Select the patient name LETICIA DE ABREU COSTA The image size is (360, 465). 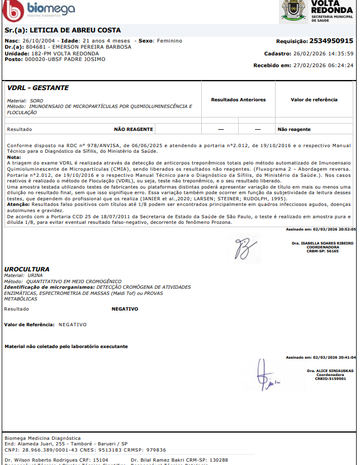click(75, 30)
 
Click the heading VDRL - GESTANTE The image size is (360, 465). click(38, 88)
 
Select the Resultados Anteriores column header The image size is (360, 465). click(238, 100)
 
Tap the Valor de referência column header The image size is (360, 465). click(314, 100)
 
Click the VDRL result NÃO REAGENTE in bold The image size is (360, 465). click(134, 129)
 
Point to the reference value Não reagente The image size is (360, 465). click(294, 129)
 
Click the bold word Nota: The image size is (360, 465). click(14, 157)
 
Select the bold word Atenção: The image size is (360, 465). click(18, 204)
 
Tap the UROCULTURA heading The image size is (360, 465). click(27, 269)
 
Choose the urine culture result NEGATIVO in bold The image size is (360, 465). click(125, 309)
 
